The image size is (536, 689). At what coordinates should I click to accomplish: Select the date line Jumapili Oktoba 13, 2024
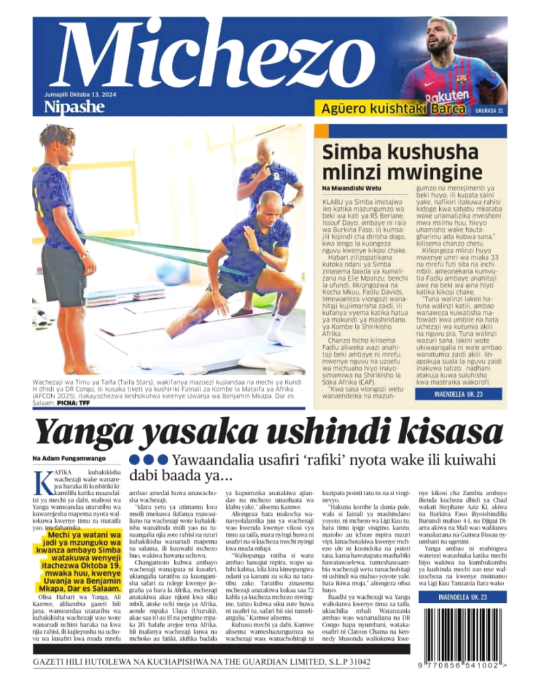[79, 95]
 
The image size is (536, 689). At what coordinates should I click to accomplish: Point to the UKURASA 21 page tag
[489, 110]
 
